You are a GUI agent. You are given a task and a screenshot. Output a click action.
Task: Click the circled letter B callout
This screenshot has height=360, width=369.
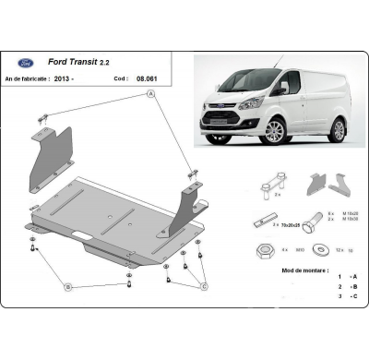(x=68, y=287)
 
